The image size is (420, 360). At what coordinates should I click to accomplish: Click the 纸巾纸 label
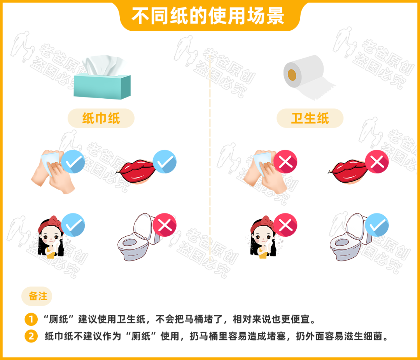click(101, 118)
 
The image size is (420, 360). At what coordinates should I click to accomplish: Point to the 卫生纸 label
click(310, 118)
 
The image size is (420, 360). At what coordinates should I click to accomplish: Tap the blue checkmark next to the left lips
click(164, 162)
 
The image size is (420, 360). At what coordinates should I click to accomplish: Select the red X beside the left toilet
click(164, 225)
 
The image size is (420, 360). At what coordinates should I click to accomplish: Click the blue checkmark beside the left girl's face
click(73, 225)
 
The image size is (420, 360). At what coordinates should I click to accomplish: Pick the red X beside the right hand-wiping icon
click(285, 162)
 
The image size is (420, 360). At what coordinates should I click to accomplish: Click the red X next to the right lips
click(377, 162)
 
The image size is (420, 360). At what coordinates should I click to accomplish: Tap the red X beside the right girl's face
click(285, 225)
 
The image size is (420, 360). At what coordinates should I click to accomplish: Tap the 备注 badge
click(38, 296)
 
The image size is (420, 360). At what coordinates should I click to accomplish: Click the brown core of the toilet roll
click(291, 73)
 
